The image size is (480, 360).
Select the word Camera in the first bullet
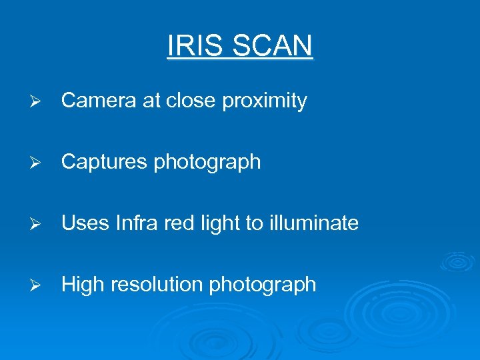[100, 101]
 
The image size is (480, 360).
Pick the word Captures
[104, 162]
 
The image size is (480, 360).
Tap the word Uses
[85, 223]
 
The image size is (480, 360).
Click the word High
[83, 285]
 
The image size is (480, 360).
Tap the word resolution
[157, 285]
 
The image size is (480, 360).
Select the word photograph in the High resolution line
[263, 285]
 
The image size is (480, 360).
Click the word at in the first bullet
[152, 101]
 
